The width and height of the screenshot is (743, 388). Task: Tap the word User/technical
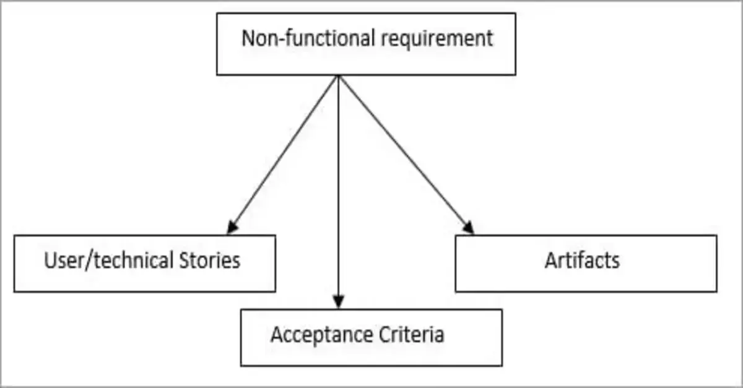click(x=108, y=260)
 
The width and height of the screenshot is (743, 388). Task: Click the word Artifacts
click(x=581, y=260)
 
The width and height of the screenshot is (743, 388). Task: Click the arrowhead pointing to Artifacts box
click(x=469, y=228)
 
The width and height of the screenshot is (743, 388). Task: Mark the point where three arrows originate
click(x=338, y=76)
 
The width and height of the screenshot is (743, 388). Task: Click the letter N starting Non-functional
click(x=248, y=38)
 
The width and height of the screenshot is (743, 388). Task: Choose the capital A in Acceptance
click(x=277, y=335)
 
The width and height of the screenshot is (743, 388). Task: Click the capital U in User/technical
click(x=50, y=260)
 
